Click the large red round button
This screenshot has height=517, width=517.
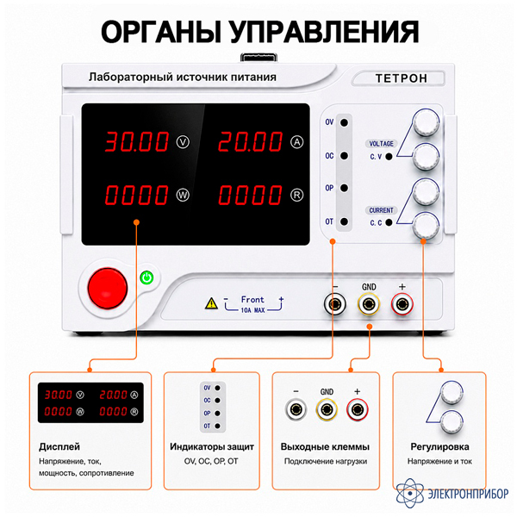[108, 288]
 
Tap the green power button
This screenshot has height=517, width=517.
[146, 277]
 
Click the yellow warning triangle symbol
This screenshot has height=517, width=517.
[211, 303]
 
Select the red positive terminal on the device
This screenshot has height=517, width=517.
[402, 304]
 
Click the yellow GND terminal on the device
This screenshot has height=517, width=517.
[369, 304]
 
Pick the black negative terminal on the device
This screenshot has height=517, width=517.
[334, 304]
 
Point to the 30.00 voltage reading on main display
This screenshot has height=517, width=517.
[137, 142]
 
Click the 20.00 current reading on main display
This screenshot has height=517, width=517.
[251, 142]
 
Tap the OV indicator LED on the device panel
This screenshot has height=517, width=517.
[344, 122]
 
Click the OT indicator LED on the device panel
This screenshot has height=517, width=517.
[344, 221]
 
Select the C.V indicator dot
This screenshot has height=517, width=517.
[389, 157]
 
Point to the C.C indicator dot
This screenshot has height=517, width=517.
[389, 222]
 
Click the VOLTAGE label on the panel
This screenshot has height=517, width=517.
[381, 144]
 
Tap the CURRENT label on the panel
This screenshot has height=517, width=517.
[381, 210]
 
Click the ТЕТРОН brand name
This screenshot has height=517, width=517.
[402, 78]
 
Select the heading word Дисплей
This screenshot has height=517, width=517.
[59, 447]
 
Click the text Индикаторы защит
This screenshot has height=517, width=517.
[212, 446]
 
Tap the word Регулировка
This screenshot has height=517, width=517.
[439, 447]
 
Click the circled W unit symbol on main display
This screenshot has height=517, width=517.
[183, 196]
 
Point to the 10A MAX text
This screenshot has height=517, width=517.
[252, 310]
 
